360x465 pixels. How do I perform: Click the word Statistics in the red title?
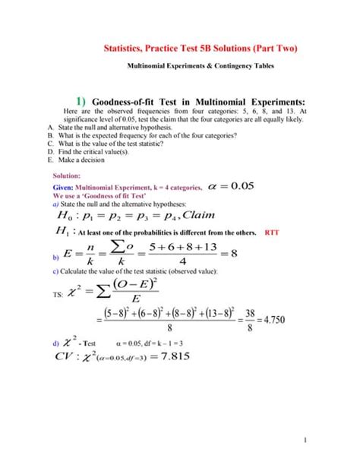(x=126, y=48)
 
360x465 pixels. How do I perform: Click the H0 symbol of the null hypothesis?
(x=62, y=215)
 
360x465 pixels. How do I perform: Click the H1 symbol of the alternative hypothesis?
(x=62, y=232)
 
